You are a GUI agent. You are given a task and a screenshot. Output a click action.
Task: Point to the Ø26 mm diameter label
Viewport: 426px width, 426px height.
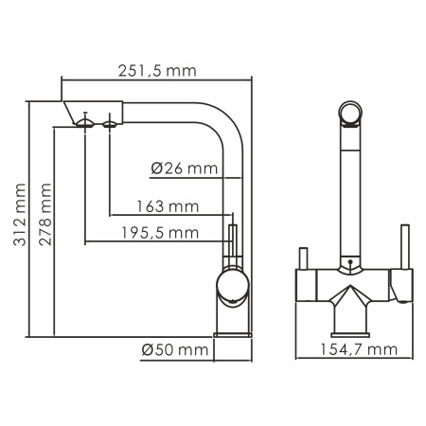[x=183, y=169]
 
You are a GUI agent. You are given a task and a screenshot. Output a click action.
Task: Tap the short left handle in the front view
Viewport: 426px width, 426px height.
[x=304, y=258]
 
